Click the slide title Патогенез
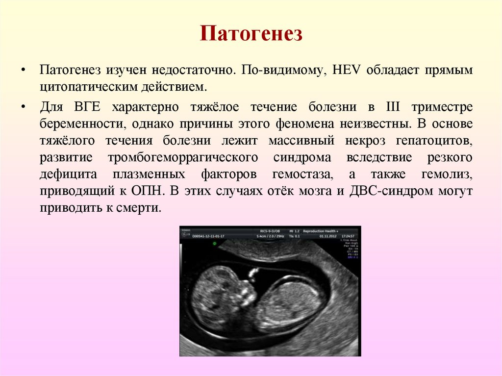[251, 35]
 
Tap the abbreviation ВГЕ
[89, 106]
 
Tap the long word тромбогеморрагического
[183, 158]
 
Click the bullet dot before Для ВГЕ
[23, 107]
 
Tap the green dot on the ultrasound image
[215, 244]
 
